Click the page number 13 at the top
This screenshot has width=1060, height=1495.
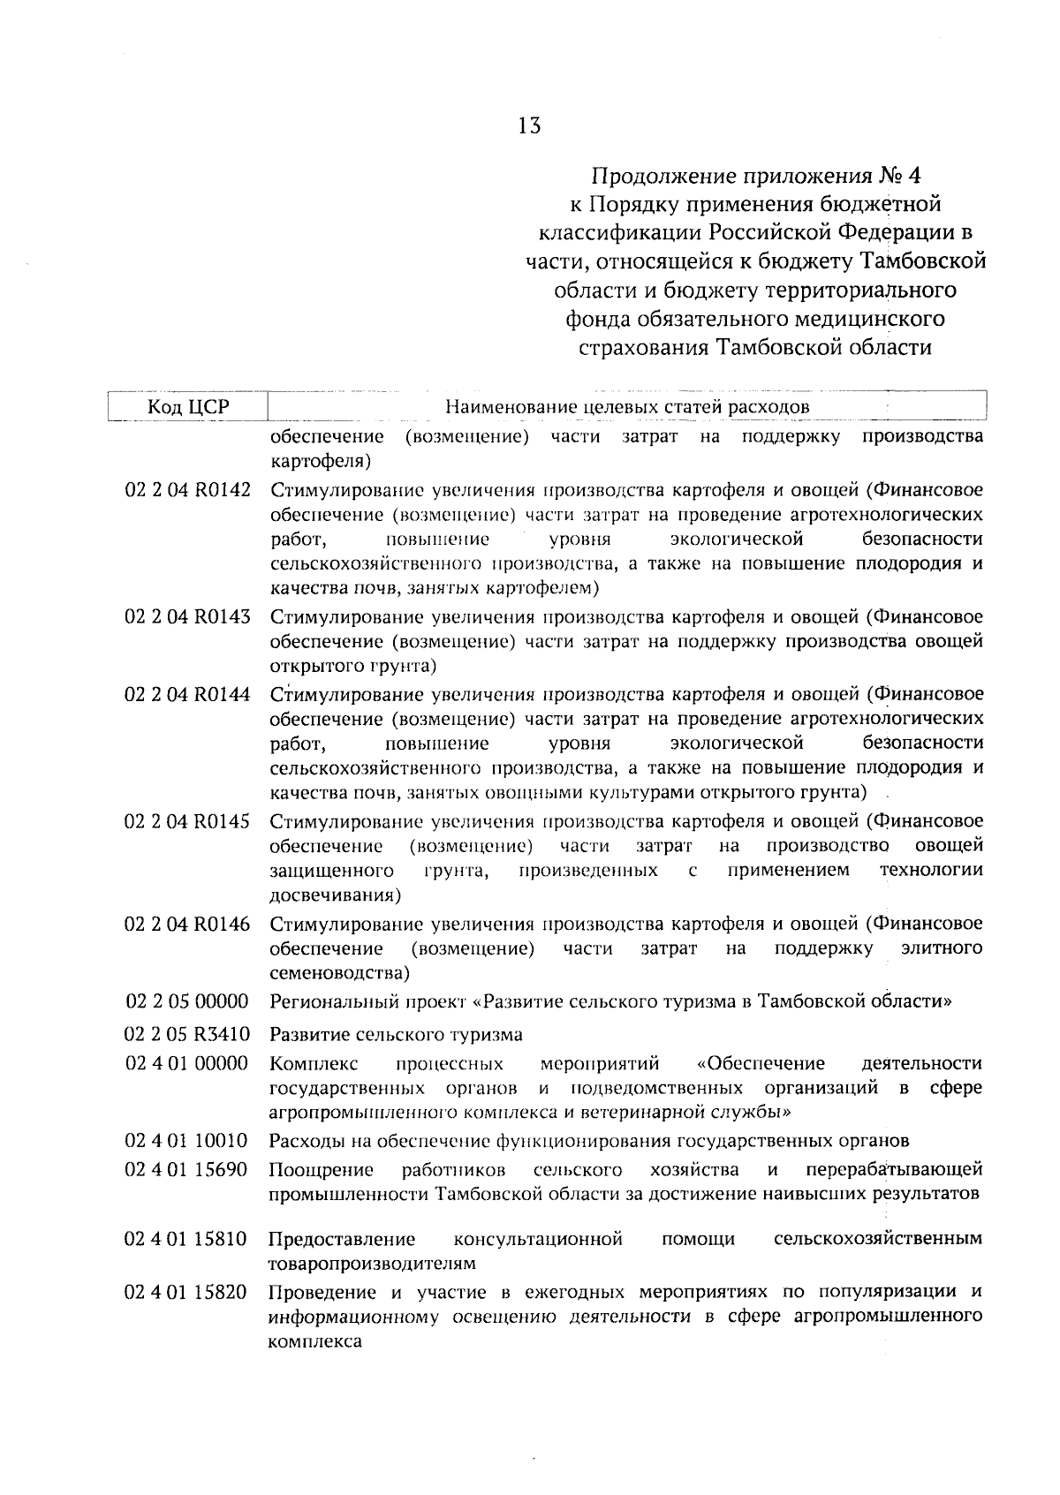(529, 125)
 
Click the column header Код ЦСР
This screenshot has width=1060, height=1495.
(186, 407)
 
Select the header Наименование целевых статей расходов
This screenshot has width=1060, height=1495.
(627, 407)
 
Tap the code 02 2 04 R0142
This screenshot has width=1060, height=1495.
(188, 490)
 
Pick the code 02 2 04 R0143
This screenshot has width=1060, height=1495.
(188, 616)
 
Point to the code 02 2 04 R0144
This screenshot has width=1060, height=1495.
(188, 693)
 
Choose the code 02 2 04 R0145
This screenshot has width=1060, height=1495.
(188, 821)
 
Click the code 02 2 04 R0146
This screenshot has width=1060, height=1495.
(188, 924)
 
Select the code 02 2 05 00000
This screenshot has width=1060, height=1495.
(188, 1001)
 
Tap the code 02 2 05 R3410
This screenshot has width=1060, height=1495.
(188, 1033)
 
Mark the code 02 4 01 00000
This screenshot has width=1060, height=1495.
(188, 1062)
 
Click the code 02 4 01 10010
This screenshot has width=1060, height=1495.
(188, 1140)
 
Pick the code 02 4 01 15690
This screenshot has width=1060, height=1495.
(188, 1170)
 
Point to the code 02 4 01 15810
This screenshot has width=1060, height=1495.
(188, 1239)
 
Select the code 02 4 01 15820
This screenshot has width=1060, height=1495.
(188, 1292)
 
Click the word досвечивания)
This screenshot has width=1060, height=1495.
(335, 895)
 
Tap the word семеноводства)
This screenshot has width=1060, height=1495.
(339, 973)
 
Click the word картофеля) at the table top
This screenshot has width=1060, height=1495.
(319, 461)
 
